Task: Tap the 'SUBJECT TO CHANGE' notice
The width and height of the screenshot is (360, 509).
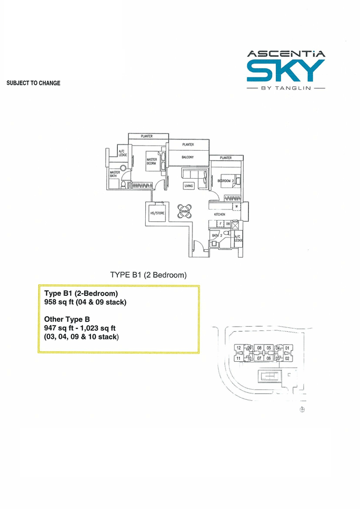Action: point(34,83)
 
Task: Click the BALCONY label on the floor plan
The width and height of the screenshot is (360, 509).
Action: point(188,157)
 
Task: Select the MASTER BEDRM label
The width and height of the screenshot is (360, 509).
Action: point(152,161)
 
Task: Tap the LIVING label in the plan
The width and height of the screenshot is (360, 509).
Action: point(189,186)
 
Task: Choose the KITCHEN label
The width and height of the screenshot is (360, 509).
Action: point(219,215)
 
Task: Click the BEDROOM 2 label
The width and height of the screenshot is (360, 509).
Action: point(226,181)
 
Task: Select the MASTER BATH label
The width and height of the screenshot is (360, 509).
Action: point(114,174)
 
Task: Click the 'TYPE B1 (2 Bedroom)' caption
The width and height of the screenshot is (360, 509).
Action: point(149,275)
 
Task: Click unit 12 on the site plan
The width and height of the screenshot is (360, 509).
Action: point(239,348)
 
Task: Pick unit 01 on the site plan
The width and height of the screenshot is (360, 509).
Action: point(287,348)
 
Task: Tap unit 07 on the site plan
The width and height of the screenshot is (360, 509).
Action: point(259,358)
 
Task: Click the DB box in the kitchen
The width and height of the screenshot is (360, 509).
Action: point(228,223)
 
